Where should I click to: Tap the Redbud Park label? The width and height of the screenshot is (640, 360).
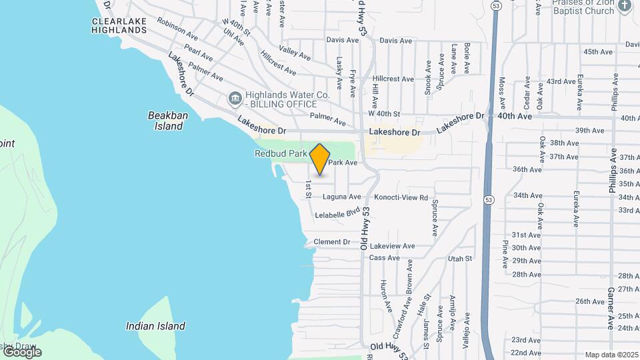(x=281, y=153)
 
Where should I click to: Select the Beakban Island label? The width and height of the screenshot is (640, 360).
(x=167, y=121)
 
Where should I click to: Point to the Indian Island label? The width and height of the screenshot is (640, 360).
(x=155, y=326)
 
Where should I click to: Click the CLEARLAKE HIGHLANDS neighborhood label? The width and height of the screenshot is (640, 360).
(x=118, y=25)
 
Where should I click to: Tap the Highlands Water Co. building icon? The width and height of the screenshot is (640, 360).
(x=235, y=99)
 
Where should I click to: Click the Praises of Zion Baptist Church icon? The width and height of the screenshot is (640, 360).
(x=625, y=6)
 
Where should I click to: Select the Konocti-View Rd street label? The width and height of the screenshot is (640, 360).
(x=401, y=197)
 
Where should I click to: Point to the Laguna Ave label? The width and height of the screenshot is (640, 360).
(x=341, y=197)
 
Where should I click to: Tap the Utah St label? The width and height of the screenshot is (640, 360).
(x=460, y=258)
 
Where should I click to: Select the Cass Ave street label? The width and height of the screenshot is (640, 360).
(x=384, y=257)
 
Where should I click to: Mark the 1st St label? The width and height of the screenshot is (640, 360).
(x=309, y=188)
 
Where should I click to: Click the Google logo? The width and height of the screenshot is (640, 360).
(x=21, y=352)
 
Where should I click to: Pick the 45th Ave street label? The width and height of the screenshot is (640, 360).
(x=597, y=51)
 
